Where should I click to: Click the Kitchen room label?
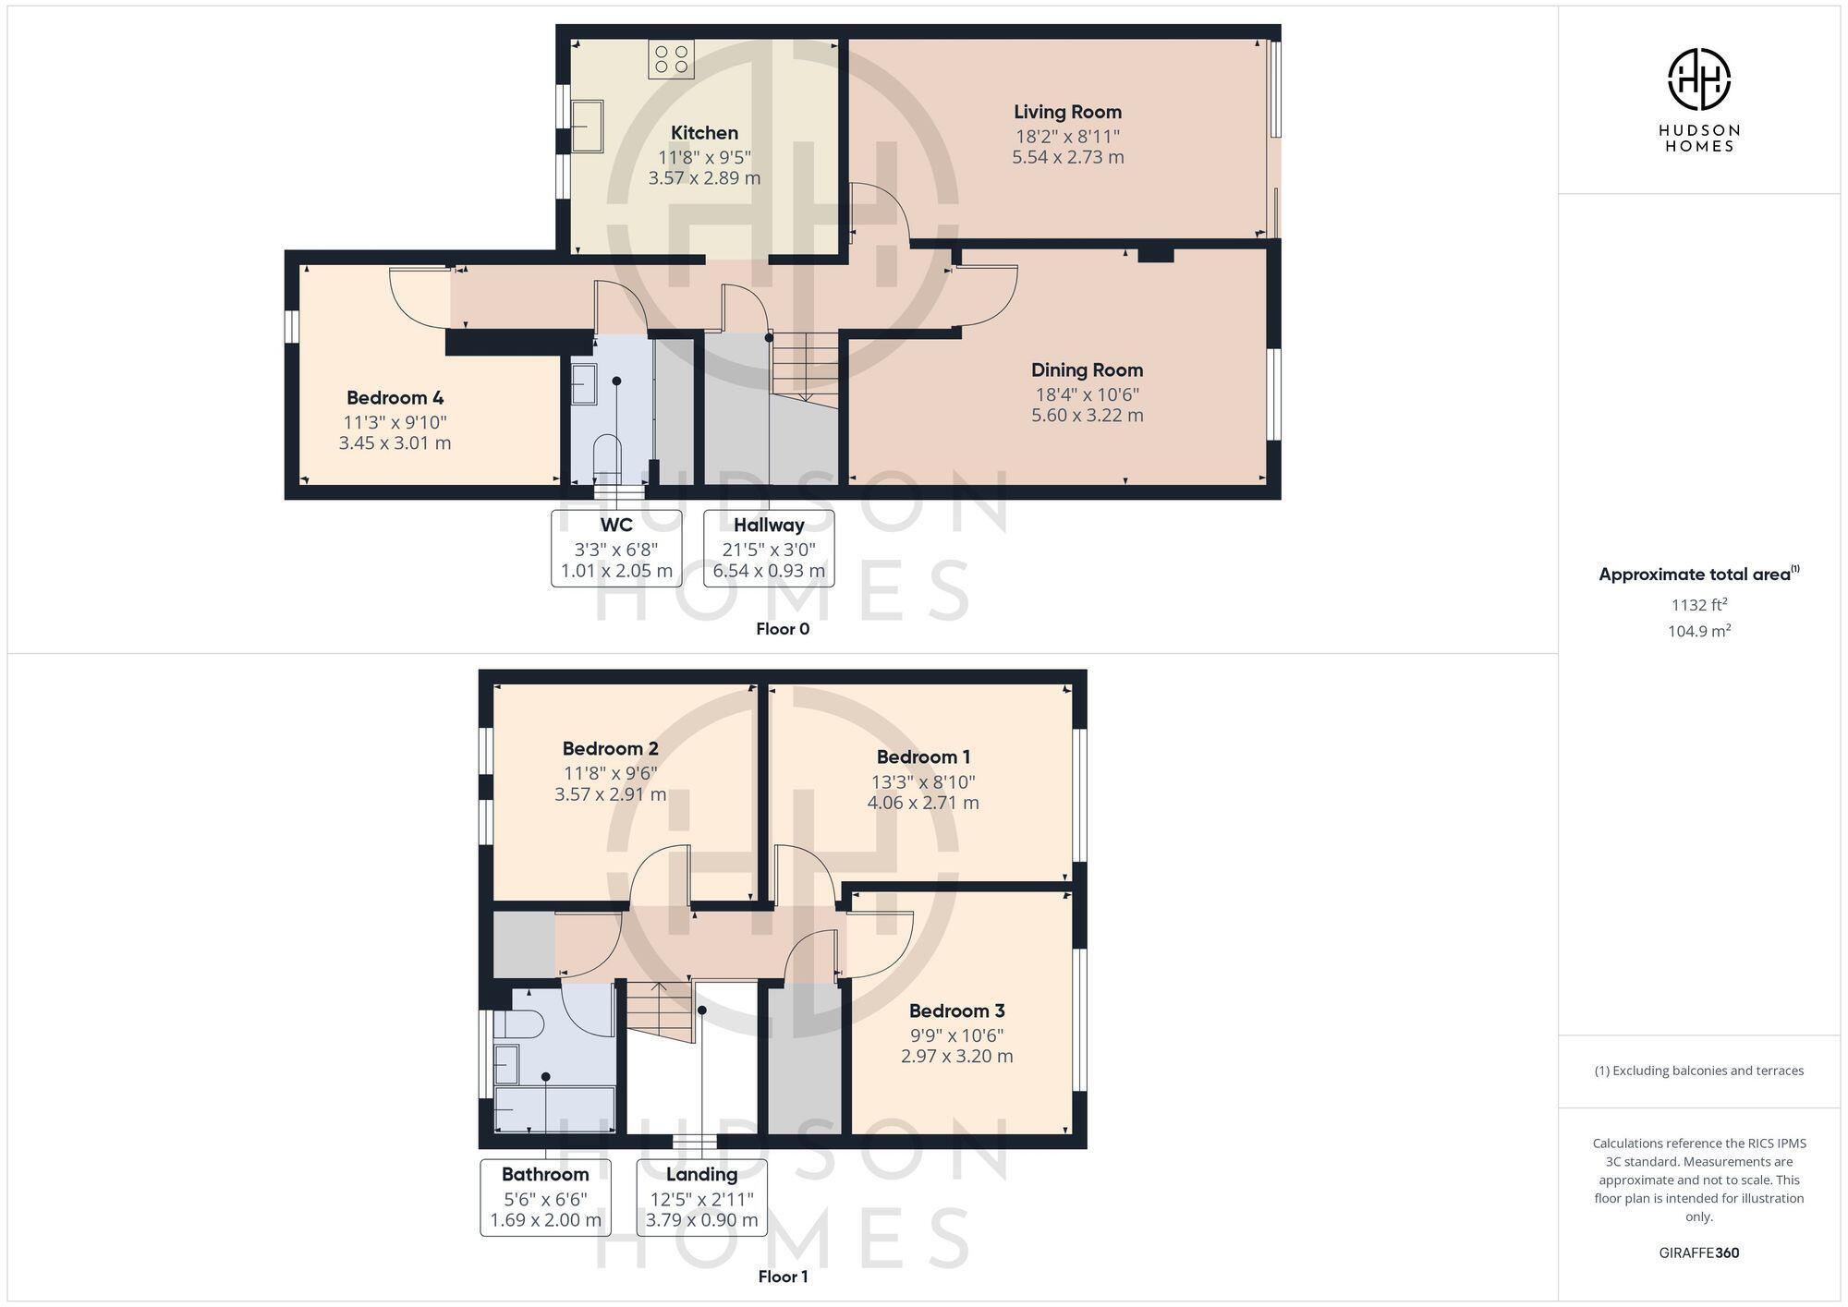(x=704, y=133)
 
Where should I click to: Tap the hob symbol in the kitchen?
(x=672, y=59)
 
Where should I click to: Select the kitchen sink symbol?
(x=587, y=127)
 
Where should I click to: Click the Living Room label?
(x=1067, y=112)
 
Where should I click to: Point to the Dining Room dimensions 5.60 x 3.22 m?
(x=1087, y=416)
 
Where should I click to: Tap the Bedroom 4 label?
(x=395, y=398)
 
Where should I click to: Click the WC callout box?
(x=616, y=548)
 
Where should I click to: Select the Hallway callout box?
(x=769, y=548)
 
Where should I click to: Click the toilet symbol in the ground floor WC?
(x=607, y=454)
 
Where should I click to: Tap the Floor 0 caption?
(x=782, y=629)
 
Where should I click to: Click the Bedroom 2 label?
(x=610, y=748)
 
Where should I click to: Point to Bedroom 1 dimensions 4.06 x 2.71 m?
(x=922, y=803)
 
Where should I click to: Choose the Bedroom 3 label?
(x=956, y=1011)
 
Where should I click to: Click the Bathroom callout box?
(x=545, y=1197)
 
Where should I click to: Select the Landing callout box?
(x=701, y=1197)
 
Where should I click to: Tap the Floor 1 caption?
(x=782, y=1277)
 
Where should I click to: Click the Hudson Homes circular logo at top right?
(x=1698, y=79)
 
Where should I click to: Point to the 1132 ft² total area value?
(x=1698, y=605)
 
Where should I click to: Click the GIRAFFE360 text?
(x=1698, y=1253)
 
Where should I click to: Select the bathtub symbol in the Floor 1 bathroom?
(x=554, y=1108)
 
